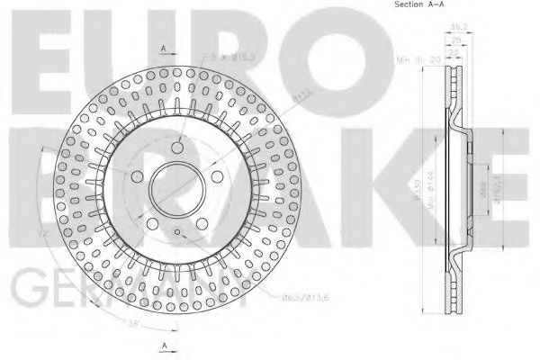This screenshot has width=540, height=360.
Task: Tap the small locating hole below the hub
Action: [179, 234]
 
